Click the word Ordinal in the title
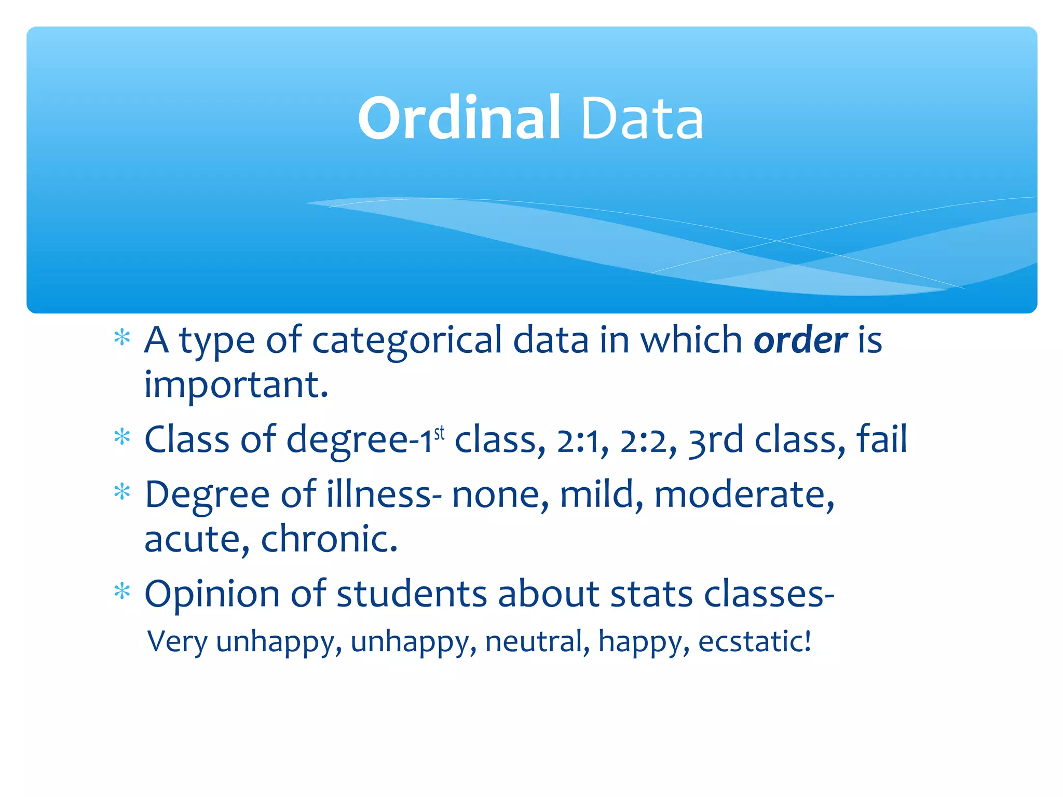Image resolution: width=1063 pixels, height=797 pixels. tap(459, 118)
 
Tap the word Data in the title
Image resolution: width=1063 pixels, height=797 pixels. tap(642, 119)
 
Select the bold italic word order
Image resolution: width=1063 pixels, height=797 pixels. tap(800, 341)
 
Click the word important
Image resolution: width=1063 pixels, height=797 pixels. tap(236, 385)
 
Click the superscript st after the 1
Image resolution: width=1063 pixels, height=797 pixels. tap(440, 433)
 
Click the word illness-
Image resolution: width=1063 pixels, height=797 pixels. tap(384, 494)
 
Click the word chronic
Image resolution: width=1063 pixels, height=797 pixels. tap(329, 539)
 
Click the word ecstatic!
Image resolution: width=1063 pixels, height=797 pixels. tap(754, 641)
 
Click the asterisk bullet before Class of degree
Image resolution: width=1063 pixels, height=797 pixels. tap(122, 437)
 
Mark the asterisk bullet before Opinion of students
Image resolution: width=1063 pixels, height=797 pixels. tap(122, 591)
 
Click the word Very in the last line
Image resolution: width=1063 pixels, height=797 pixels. tap(178, 641)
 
